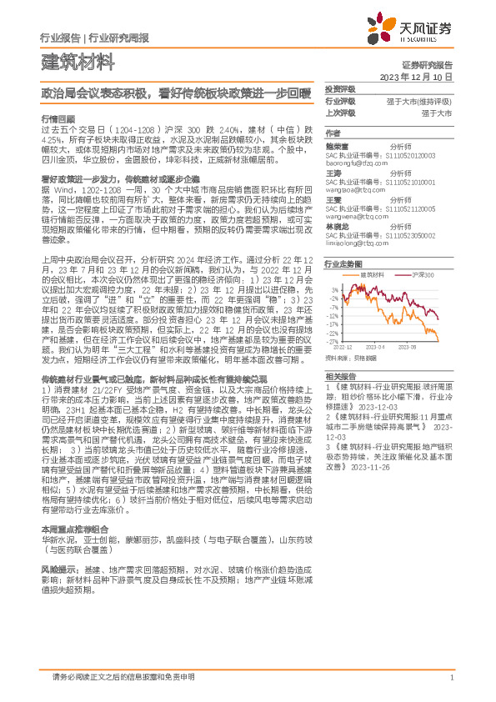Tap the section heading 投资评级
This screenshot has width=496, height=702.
point(339,88)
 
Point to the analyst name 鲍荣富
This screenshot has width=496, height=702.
point(336,145)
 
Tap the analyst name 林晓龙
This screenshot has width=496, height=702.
point(336,225)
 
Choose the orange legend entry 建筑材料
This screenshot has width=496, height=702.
point(372,273)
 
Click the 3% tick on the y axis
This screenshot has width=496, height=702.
point(334,283)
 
